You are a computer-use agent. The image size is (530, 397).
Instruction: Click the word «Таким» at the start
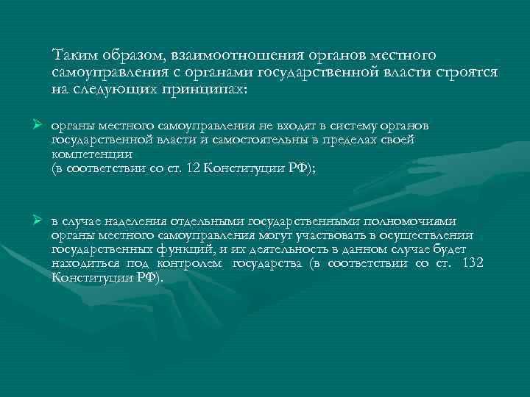73,56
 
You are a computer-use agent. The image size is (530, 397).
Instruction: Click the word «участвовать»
318,235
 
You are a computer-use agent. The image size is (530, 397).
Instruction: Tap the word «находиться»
79,264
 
